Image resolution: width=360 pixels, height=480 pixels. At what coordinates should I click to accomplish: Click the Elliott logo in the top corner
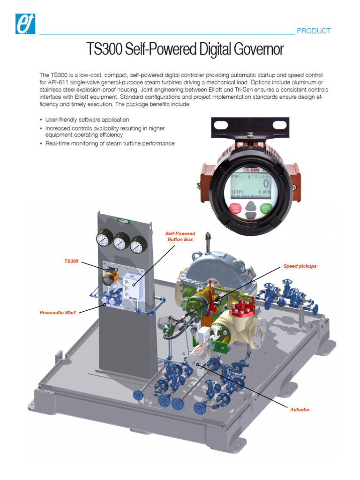pos(26,22)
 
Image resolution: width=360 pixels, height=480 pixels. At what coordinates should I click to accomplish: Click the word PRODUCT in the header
pos(314,31)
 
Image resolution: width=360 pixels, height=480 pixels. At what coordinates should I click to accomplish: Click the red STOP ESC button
pos(236,208)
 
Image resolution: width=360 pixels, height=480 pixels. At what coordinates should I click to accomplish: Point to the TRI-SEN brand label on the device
pos(251,170)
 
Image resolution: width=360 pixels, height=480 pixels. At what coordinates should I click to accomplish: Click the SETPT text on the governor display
pos(239,192)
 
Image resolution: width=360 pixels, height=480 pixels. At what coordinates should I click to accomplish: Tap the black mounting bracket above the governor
pos(250,126)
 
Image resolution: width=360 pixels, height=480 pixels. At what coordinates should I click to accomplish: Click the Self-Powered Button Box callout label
pos(180,236)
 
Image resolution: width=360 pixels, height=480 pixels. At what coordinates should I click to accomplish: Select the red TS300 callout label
pos(71,261)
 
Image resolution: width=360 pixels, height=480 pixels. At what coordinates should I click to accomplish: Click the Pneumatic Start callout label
pos(58,312)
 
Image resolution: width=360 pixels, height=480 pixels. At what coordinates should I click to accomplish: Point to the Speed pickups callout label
pos(300,266)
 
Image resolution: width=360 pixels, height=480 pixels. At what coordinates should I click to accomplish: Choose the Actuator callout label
pos(300,409)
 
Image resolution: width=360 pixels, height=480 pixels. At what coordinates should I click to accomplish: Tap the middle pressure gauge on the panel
pos(121,242)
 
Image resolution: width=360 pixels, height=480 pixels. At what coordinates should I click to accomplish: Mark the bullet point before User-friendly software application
pos(41,120)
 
